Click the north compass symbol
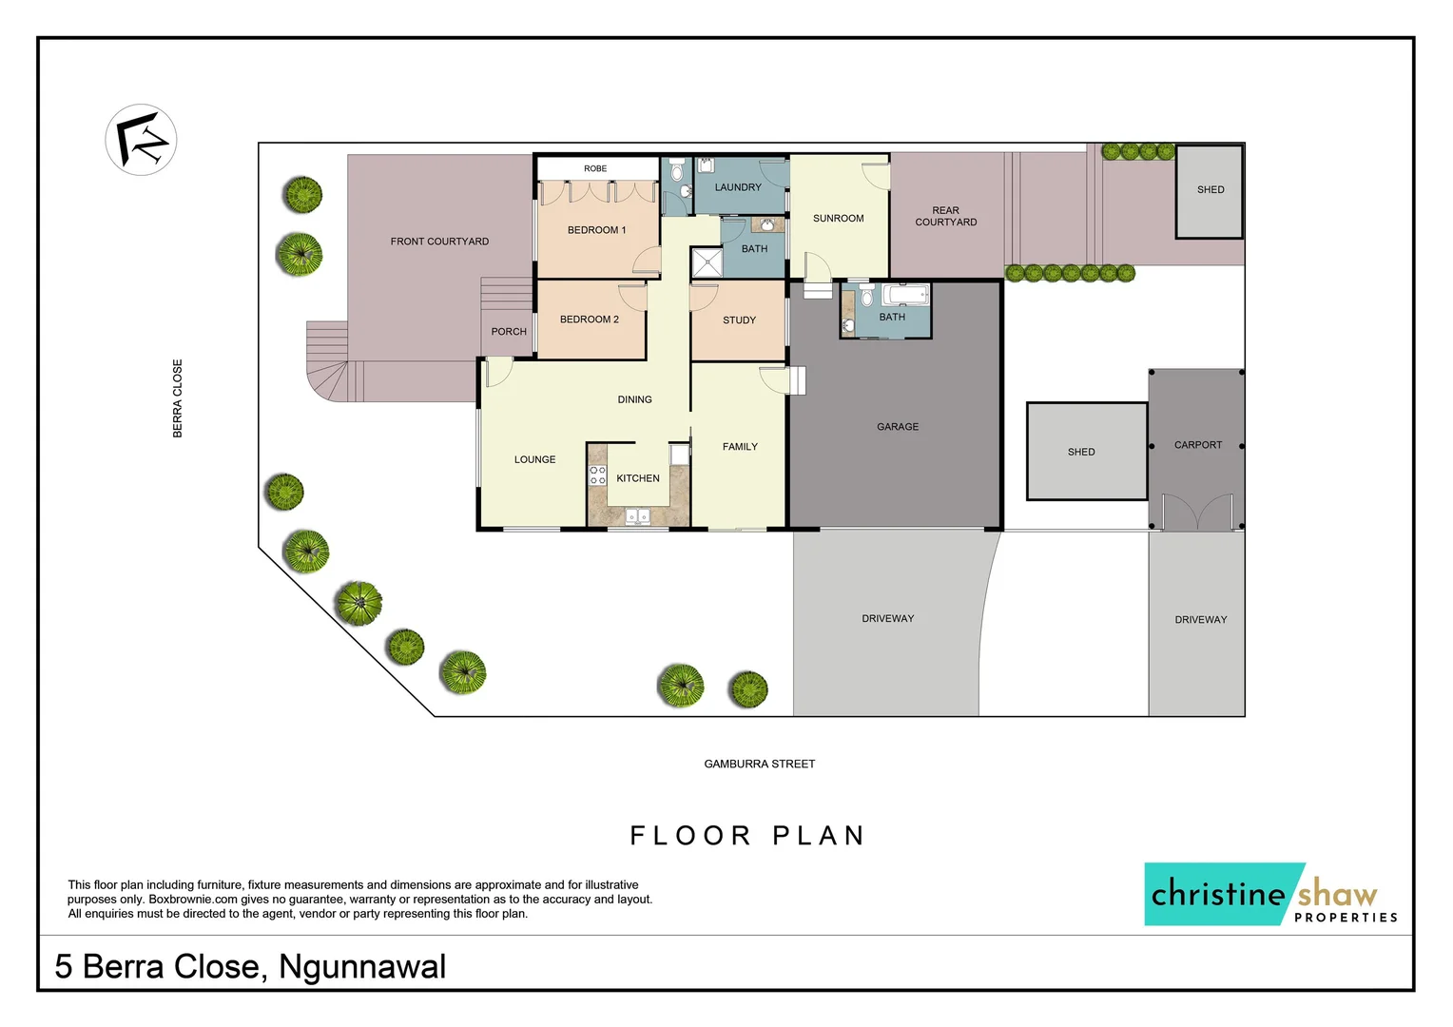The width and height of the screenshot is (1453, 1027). tap(141, 140)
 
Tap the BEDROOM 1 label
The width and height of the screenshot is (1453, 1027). tap(596, 230)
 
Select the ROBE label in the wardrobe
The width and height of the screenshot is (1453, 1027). tap(595, 168)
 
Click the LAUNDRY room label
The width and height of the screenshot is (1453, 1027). tap(738, 187)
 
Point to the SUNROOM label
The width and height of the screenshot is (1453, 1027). tap(838, 219)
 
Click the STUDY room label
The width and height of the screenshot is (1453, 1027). tap(739, 320)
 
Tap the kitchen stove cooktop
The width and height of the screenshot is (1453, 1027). tap(597, 475)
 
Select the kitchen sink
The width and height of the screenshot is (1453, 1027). tap(637, 516)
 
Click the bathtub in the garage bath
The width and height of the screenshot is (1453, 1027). tap(904, 295)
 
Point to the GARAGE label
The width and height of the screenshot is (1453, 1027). tap(897, 427)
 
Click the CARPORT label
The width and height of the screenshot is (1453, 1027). tap(1197, 445)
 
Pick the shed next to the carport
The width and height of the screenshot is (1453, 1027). tap(1086, 452)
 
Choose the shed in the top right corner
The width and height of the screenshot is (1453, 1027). tap(1209, 190)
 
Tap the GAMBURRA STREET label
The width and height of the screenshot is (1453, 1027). tap(759, 764)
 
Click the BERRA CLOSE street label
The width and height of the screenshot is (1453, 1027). tap(178, 398)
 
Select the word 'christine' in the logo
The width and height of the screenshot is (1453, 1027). tap(1218, 894)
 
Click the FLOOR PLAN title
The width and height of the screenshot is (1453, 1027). tap(747, 836)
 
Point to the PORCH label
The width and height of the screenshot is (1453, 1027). tap(509, 332)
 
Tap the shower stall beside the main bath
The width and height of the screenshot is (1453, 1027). tap(707, 262)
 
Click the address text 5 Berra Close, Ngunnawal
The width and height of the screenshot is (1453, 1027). tap(250, 966)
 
